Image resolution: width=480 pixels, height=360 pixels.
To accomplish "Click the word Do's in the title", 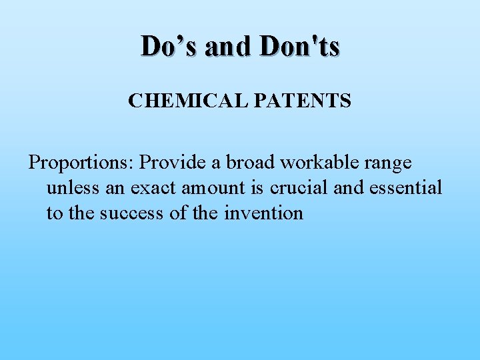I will (168, 46).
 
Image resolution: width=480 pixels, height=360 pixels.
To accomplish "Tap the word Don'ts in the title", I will (301, 46).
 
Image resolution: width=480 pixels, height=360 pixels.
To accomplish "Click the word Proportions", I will (79, 163).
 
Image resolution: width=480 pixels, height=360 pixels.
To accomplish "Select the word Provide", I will (173, 162).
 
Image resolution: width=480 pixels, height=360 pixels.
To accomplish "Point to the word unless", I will (73, 188).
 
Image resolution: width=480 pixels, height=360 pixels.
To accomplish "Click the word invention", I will (263, 213).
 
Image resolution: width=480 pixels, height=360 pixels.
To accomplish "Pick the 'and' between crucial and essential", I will (348, 188).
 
